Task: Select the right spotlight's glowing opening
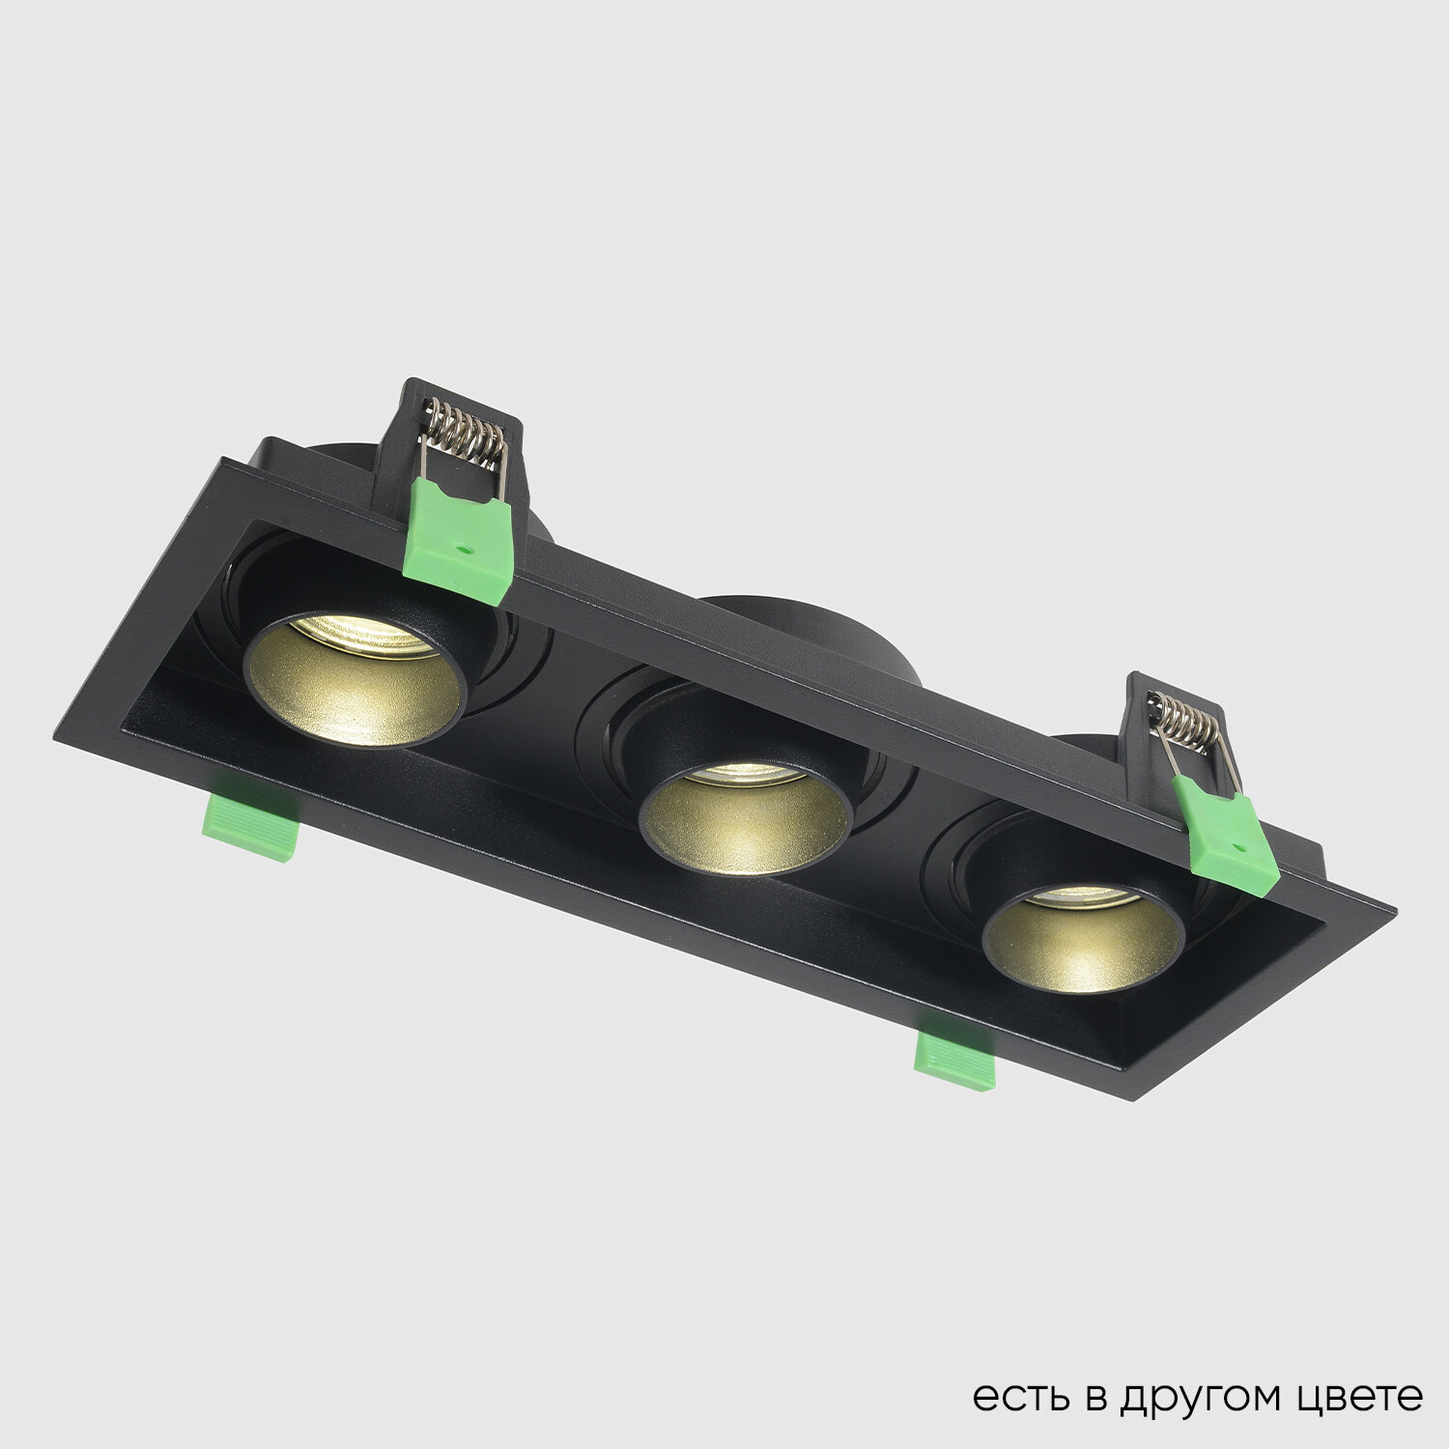(x=1083, y=933)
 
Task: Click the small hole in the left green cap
(x=468, y=549)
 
